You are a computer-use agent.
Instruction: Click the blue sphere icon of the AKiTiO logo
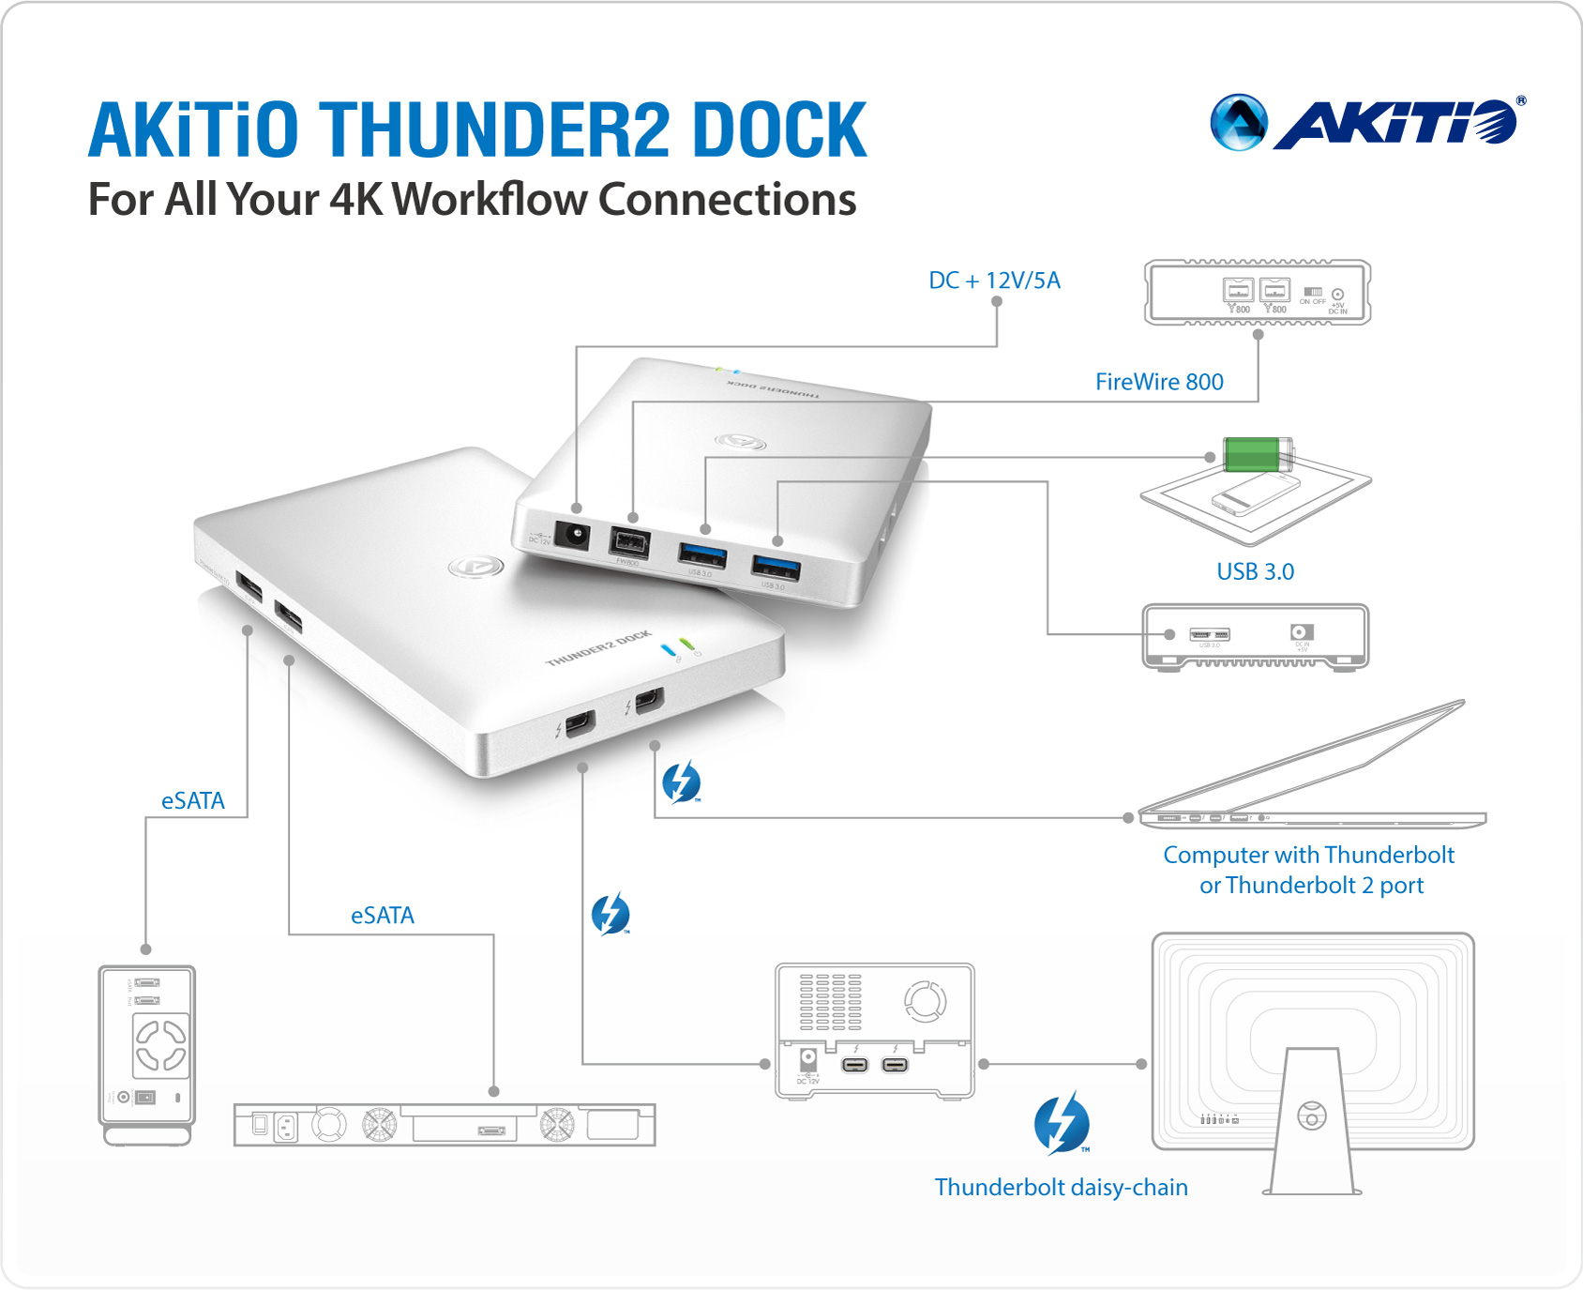(x=1238, y=123)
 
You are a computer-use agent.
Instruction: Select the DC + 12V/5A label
(x=994, y=281)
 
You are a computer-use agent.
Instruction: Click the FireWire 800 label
(x=1159, y=382)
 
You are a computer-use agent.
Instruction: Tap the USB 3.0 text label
(x=1255, y=571)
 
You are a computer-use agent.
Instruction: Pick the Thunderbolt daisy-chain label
(x=1061, y=1187)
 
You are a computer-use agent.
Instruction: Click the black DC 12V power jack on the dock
(x=572, y=535)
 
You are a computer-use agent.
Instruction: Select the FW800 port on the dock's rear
(x=628, y=542)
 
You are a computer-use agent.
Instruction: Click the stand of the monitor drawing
(x=1311, y=1126)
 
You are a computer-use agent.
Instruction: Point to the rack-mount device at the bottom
(x=445, y=1124)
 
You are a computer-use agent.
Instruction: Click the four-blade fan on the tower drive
(x=161, y=1045)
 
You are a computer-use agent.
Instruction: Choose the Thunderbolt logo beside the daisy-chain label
(x=1062, y=1123)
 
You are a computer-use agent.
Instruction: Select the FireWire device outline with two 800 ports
(x=1258, y=293)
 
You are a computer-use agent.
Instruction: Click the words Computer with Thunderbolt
(x=1308, y=855)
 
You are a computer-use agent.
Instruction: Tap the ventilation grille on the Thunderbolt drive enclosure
(x=830, y=1002)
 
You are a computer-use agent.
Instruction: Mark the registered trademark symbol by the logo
(x=1521, y=100)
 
